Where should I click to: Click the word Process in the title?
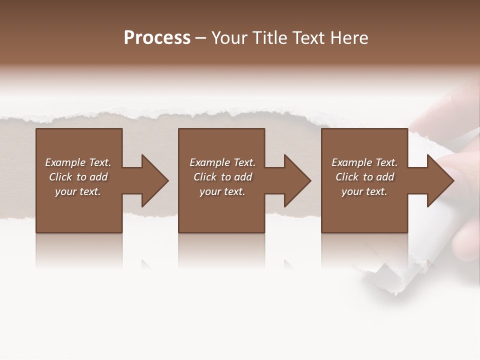tap(157, 38)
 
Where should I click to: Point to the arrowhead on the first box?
tap(152, 180)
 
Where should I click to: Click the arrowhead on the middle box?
tap(295, 180)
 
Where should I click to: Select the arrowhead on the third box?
tap(438, 180)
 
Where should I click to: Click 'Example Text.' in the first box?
tap(78, 162)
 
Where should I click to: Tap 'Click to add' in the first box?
tap(78, 177)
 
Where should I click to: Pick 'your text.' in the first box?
tap(78, 191)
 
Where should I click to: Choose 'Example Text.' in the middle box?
tap(222, 162)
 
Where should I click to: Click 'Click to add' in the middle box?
tap(222, 177)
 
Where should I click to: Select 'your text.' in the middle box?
tap(222, 191)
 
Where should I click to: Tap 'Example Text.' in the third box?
tap(364, 162)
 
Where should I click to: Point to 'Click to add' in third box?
tap(364, 177)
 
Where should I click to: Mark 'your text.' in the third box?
tap(364, 191)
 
